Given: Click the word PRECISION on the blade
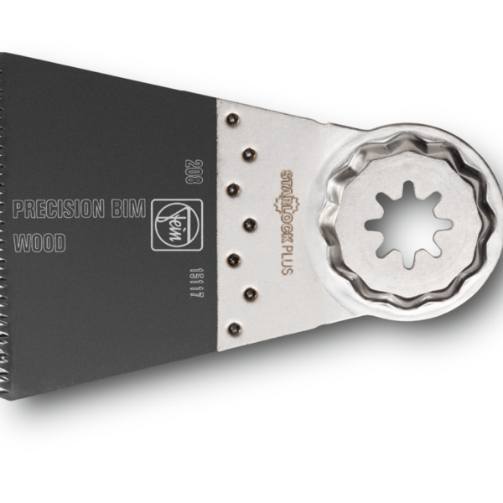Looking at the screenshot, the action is coord(59,209).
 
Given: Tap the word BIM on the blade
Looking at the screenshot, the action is coord(128,208).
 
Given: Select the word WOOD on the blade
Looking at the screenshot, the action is coord(39,243).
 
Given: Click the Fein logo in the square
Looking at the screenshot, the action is coord(177,225).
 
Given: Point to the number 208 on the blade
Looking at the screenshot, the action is coord(194,171).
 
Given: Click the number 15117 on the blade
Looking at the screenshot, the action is coord(196,283).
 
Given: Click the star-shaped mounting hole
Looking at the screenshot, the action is coord(408,225).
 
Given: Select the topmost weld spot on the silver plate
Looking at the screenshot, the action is coord(232,119).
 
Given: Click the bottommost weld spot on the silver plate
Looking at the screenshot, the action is coord(234,329).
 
